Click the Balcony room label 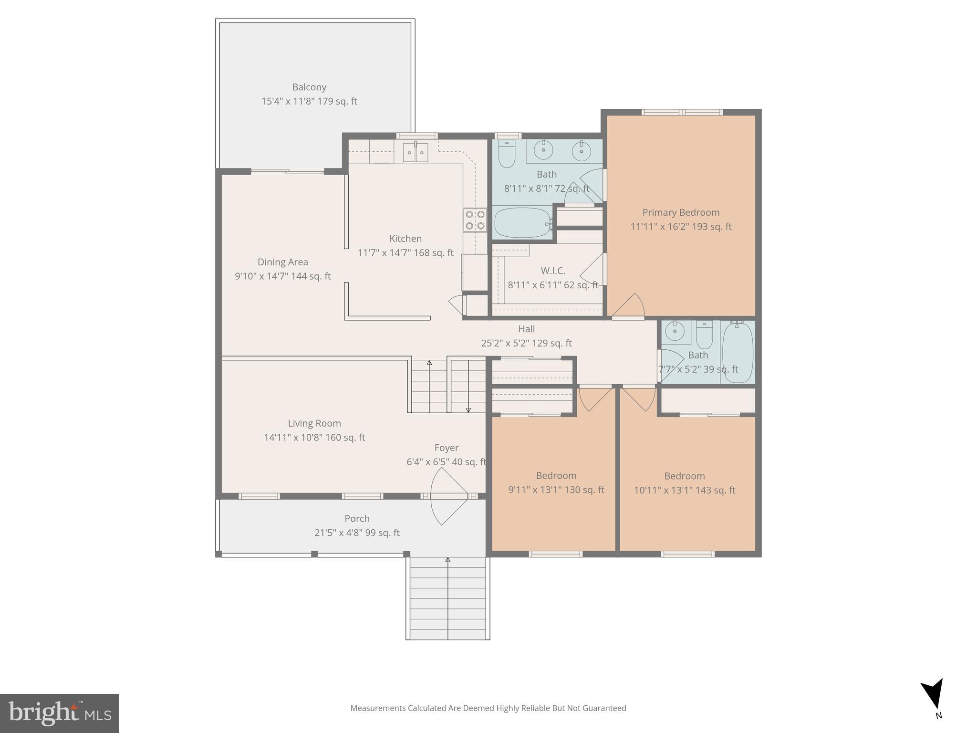point(309,87)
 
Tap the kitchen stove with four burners point(475,220)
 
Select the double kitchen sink point(416,153)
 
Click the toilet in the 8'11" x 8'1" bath point(506,154)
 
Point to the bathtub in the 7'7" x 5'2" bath point(738,352)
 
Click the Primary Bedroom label point(681,213)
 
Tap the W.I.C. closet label point(553,271)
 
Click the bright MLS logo point(60,713)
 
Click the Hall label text point(526,329)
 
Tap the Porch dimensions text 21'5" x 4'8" point(357,533)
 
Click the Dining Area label point(283,262)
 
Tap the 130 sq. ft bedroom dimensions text point(556,490)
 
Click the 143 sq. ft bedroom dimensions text point(685,491)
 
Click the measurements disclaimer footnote point(488,708)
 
